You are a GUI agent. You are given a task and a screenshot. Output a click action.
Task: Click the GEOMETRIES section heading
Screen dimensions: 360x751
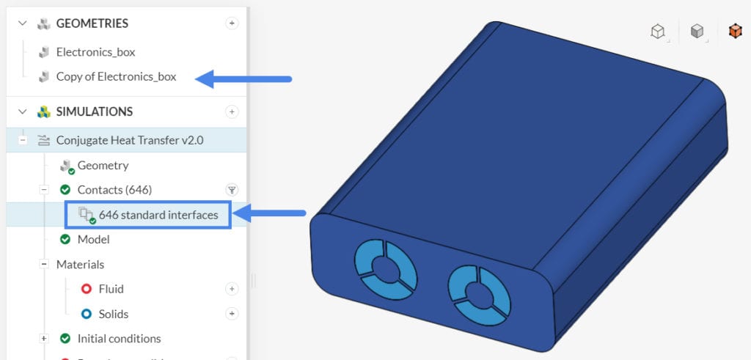point(92,23)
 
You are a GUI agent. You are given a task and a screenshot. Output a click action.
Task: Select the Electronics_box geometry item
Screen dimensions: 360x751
point(95,52)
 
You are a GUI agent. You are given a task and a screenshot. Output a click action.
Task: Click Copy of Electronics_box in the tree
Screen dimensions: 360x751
point(116,76)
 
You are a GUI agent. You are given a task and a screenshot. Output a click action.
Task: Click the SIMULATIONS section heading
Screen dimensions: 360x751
point(94,111)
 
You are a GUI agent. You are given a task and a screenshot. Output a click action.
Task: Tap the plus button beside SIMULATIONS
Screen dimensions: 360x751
point(232,111)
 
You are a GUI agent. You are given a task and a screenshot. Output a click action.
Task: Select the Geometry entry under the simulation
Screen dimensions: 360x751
point(103,165)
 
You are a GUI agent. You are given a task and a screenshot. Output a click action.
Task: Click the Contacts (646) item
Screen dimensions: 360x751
point(114,190)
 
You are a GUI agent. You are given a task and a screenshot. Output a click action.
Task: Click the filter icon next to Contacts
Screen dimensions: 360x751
point(232,190)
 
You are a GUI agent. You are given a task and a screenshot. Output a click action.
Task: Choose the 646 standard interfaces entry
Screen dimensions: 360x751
point(158,215)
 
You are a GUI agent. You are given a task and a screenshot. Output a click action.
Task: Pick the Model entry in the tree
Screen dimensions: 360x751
point(93,239)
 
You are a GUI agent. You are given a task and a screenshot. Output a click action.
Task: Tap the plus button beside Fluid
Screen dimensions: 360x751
point(232,289)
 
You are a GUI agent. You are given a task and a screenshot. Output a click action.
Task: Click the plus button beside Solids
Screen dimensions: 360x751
point(232,314)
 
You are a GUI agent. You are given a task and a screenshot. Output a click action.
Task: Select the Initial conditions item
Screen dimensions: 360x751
point(119,339)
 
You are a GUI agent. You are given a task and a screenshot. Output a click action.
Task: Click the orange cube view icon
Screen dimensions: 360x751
point(734,31)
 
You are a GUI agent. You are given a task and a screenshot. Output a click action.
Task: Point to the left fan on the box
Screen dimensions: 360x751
point(385,266)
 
